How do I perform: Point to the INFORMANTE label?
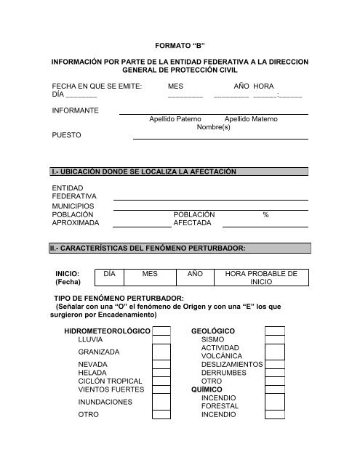click(x=76, y=110)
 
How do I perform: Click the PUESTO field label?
click(x=66, y=135)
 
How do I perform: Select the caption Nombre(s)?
click(x=214, y=126)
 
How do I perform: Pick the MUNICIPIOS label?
click(x=73, y=206)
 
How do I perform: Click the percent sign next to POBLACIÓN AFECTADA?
click(x=265, y=215)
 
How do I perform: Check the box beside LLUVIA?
click(x=161, y=340)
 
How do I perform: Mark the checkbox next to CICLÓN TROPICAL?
click(x=161, y=381)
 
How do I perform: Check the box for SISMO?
click(x=274, y=340)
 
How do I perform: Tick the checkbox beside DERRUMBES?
click(x=274, y=373)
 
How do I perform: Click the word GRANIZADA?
click(x=99, y=352)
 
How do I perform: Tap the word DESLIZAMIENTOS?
click(x=231, y=364)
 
